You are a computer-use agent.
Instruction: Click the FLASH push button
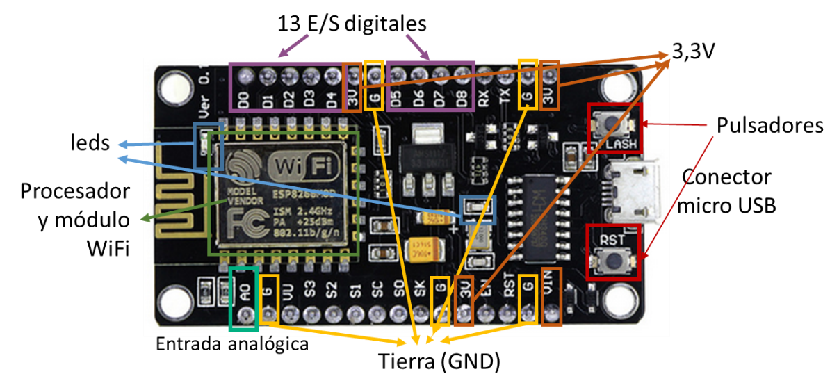611,123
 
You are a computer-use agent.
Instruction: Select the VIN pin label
551,292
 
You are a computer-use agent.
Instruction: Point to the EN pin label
485,293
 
